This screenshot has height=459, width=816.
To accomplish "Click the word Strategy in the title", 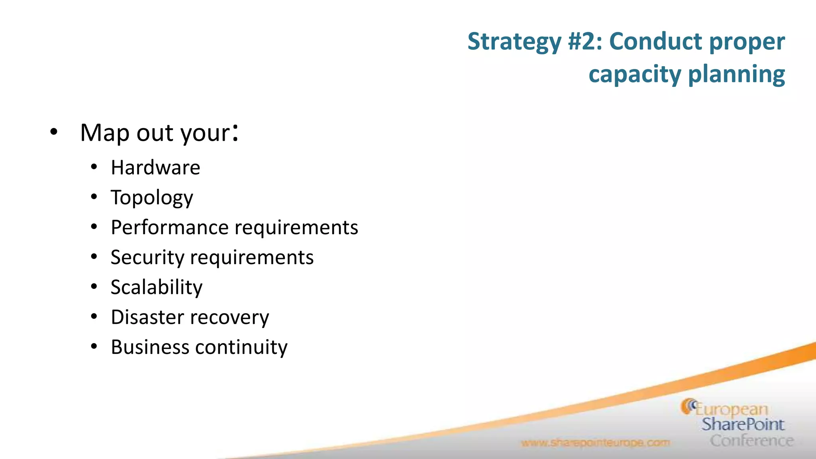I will pos(514,42).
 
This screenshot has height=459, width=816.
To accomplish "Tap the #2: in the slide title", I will pos(585,41).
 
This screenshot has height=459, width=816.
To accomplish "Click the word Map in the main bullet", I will pos(104,133).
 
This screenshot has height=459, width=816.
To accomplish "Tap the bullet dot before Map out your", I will pos(54,131).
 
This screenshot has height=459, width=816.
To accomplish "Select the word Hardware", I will pos(155,167).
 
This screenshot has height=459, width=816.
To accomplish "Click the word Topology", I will pos(152,198).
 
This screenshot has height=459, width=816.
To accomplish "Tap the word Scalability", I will pos(157,287).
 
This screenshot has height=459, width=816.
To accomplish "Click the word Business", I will pos(150,347).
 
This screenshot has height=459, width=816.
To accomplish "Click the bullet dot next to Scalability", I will pos(94,286).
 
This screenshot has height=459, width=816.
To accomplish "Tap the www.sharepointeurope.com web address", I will pos(595,443).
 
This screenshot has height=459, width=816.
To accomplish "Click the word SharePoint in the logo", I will pos(743,424).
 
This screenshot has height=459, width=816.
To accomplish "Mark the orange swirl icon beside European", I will pos(688,406).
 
